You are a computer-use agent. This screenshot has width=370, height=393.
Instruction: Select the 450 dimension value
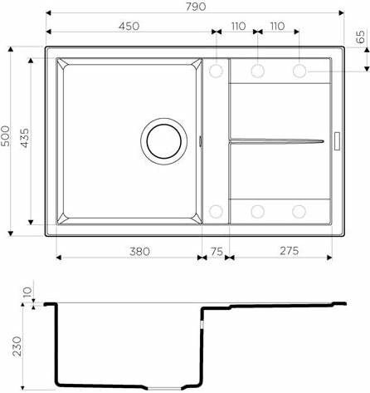click(128, 27)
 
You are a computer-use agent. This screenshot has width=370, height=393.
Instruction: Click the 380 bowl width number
click(128, 248)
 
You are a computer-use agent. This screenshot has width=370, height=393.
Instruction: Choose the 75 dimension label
click(216, 248)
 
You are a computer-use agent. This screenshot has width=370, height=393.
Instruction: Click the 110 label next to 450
click(237, 27)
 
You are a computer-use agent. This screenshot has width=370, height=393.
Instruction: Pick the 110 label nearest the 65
click(277, 27)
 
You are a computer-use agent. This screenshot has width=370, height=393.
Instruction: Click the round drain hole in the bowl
click(162, 140)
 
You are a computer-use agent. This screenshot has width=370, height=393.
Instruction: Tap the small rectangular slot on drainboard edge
click(337, 140)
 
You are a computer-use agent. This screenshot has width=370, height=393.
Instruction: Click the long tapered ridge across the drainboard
click(274, 140)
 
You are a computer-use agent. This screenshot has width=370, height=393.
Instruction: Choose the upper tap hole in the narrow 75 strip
click(216, 71)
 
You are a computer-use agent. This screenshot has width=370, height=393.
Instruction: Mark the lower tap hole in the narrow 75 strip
click(216, 210)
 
